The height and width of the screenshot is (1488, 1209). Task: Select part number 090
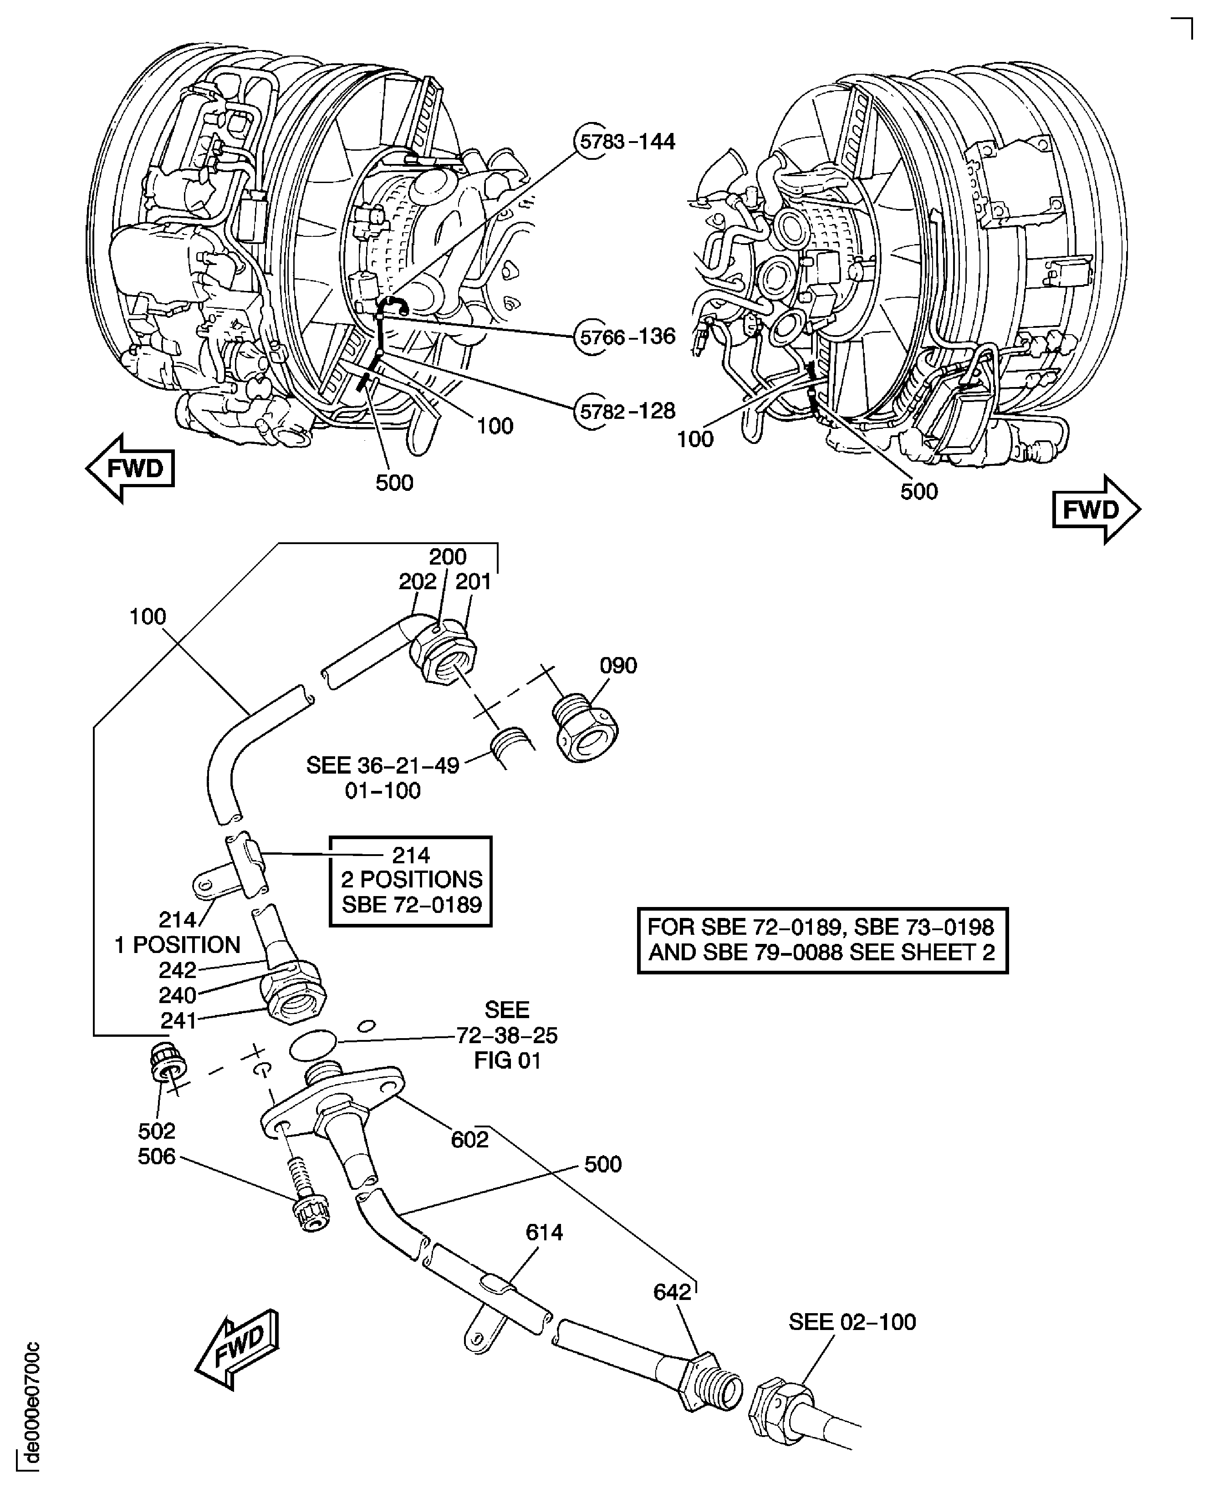[618, 666]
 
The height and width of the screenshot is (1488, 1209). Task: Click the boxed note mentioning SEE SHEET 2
[822, 939]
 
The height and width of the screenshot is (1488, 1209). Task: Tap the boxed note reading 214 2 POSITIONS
[411, 880]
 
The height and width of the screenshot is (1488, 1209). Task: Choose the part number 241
[179, 1021]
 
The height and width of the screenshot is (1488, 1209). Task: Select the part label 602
[469, 1140]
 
